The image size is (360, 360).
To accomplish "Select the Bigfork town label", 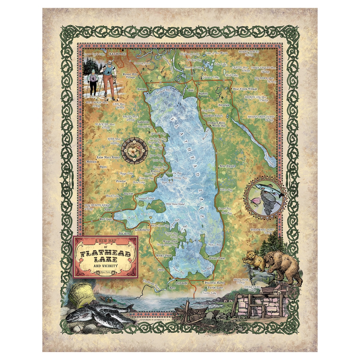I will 203,94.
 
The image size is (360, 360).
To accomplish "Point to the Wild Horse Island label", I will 173,203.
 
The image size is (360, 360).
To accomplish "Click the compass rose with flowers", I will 135,151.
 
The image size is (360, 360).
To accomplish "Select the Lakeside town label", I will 143,122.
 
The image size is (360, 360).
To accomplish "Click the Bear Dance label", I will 227,166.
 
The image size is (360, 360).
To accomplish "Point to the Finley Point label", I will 217,258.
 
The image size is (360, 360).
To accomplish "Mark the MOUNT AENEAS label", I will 258,52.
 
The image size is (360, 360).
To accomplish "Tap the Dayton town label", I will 128,193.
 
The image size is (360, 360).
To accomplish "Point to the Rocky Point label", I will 164,255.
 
